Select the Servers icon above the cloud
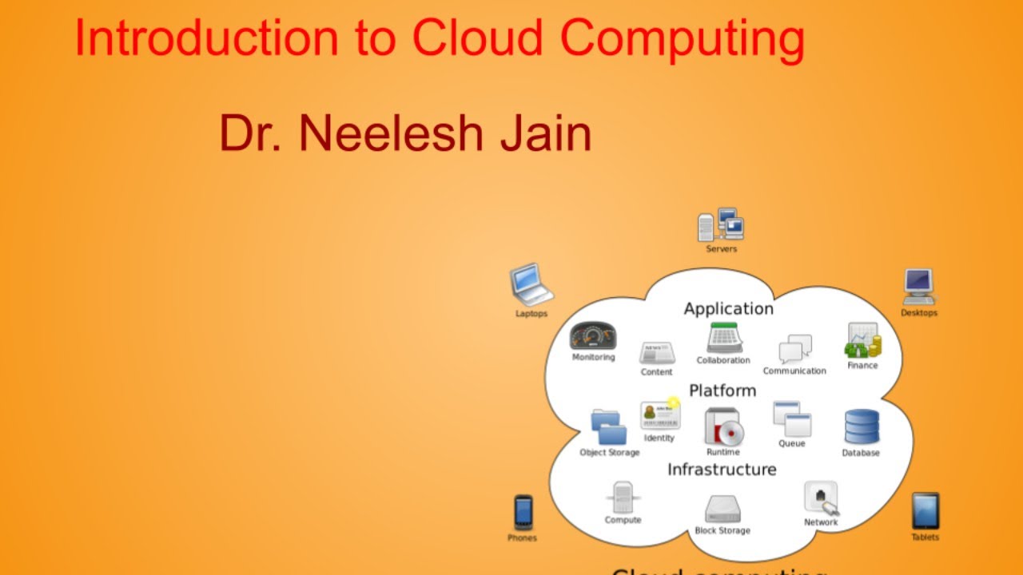coord(721,225)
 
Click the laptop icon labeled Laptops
coord(531,285)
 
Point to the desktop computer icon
coord(919,286)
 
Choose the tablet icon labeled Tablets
coord(925,510)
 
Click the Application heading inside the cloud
coord(728,308)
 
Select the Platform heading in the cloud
coord(722,391)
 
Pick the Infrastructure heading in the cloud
coord(722,469)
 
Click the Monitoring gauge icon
coord(593,336)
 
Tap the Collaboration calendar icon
coord(725,338)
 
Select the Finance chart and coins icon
coord(862,341)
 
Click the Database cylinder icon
coord(862,427)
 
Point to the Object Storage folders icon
coord(609,427)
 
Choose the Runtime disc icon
coord(724,427)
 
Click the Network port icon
coord(822,498)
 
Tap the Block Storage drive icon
coord(722,509)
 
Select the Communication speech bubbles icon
coord(795,349)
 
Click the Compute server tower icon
coord(623,497)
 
